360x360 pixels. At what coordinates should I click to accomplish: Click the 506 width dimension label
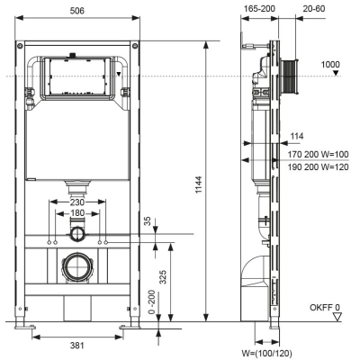coord(77,11)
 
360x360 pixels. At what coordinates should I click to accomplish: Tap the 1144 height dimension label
coord(199,184)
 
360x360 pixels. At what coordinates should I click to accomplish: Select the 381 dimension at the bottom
coord(77,346)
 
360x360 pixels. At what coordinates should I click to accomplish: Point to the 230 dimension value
coord(77,202)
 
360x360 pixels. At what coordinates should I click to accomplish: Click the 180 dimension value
coord(77,213)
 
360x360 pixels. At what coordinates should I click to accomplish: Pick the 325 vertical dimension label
coord(163,277)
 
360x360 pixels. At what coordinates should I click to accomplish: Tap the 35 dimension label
coord(148,221)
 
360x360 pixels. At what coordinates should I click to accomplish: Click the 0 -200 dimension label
coord(153,301)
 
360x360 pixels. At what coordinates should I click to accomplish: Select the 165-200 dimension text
coord(259,9)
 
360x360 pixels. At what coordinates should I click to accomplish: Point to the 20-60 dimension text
coord(314,9)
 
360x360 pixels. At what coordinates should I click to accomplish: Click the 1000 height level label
coord(330,65)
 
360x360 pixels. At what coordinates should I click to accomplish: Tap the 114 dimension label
coord(297,136)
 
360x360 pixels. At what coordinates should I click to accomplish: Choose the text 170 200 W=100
coord(318,155)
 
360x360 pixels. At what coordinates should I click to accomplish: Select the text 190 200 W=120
coord(318,166)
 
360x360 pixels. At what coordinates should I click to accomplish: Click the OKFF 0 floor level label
coord(325,308)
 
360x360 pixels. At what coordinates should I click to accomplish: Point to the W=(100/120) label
coord(266,354)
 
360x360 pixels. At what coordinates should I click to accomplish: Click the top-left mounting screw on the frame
coord(20,46)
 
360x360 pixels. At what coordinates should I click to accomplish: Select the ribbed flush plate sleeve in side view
coord(290,76)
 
